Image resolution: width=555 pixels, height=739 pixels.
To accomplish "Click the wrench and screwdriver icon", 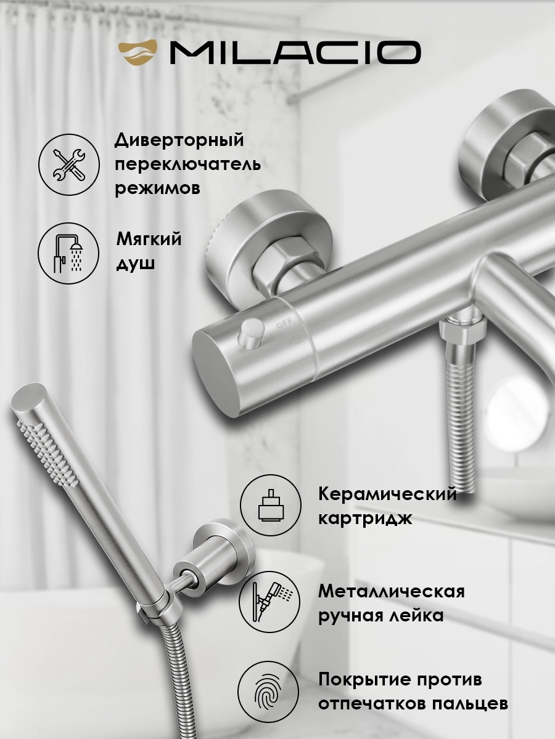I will [69, 164].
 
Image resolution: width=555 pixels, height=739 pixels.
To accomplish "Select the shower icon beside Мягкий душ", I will [69, 254].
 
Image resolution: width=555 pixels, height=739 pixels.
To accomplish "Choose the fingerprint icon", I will [269, 692].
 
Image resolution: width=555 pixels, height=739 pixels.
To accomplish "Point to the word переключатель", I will [187, 165].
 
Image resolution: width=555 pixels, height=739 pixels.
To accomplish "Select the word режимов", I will [157, 188].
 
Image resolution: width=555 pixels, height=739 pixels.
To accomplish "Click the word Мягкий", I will [149, 239].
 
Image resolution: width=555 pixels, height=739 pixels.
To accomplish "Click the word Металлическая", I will [391, 591].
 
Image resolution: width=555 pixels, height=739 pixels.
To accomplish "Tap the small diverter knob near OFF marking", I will [250, 332].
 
